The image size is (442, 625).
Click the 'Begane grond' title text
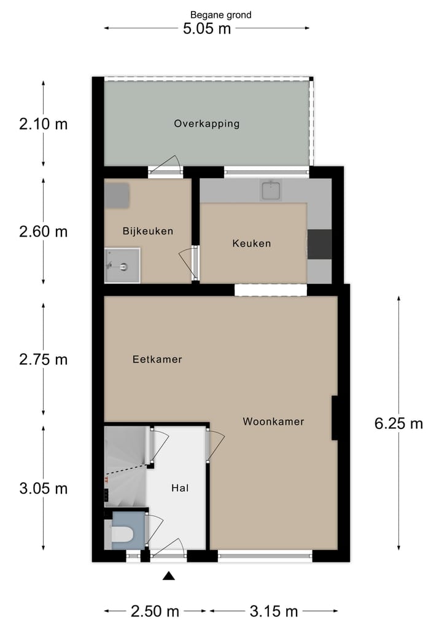coord(220,15)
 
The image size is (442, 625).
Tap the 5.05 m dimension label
coord(207,28)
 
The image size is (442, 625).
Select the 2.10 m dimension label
coord(43,124)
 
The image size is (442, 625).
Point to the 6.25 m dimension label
coord(398,423)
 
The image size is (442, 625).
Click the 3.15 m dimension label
coord(274,611)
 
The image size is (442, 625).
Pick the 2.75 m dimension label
coord(43,360)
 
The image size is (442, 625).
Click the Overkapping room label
coord(206,124)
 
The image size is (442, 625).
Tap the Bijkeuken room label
coord(147,232)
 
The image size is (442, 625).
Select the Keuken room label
coord(251,243)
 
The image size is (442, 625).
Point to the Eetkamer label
coord(157,360)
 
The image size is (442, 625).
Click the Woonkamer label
coord(273,422)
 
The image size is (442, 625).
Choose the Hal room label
coord(179,488)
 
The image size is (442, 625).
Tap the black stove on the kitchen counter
coord(319,244)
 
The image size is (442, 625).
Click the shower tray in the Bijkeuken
coord(122,265)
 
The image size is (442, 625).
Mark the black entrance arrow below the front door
coord(169,576)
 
